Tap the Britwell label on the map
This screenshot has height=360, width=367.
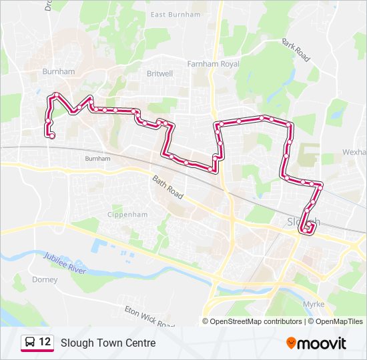pyautogui.click(x=159, y=74)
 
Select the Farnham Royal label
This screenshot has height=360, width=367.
pyautogui.click(x=213, y=64)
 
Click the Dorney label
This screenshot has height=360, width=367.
pyautogui.click(x=45, y=280)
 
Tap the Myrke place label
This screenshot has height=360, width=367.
pyautogui.click(x=313, y=304)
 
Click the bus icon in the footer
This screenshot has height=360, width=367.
pyautogui.click(x=30, y=343)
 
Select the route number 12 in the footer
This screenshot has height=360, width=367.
pyautogui.click(x=45, y=343)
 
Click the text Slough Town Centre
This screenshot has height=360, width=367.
pyautogui.click(x=108, y=343)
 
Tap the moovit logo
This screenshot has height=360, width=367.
pyautogui.click(x=316, y=343)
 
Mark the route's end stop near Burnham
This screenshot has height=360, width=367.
pyautogui.click(x=52, y=136)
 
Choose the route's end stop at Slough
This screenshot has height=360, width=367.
pyautogui.click(x=308, y=229)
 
